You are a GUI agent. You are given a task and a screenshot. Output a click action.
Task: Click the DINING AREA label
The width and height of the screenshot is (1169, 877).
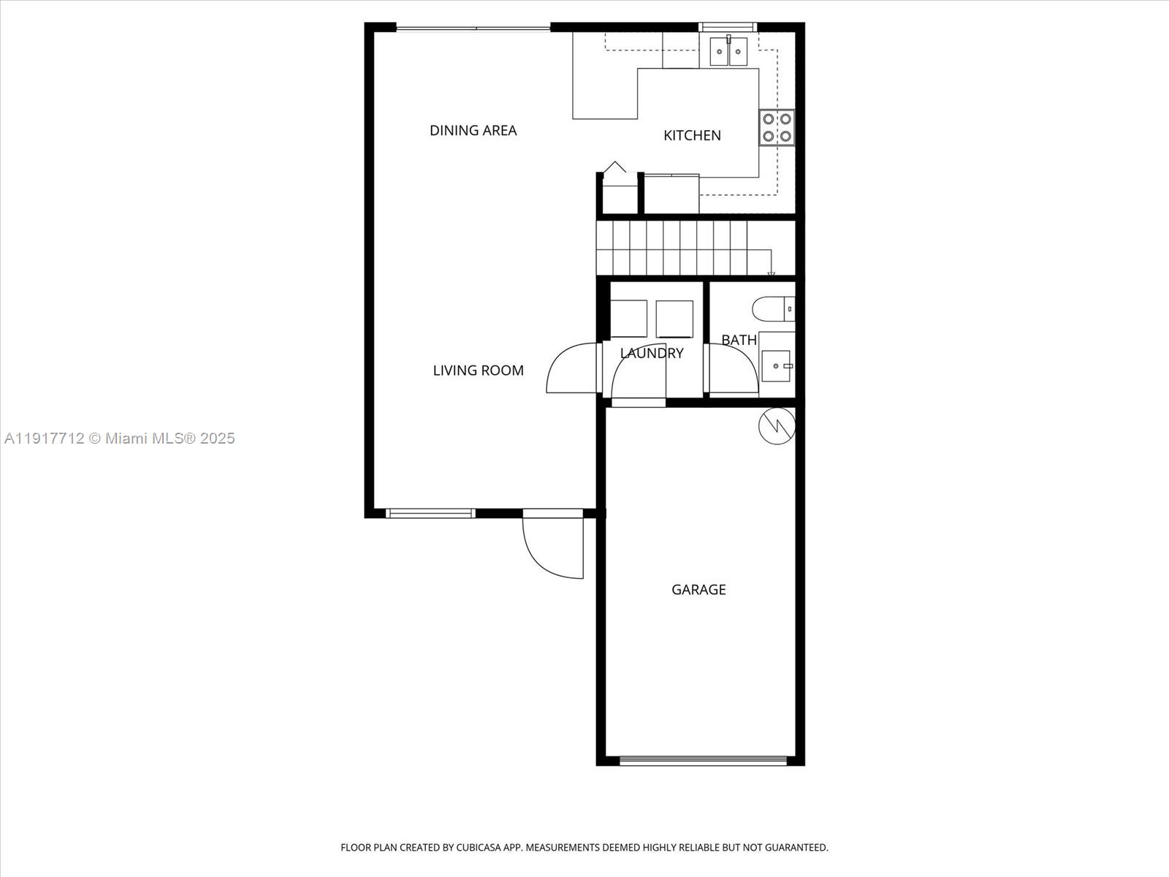[x=473, y=131]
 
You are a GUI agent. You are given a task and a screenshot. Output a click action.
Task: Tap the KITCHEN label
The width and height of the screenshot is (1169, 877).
[x=692, y=135]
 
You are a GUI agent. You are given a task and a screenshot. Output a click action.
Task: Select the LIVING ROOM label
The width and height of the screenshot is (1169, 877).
[x=478, y=371]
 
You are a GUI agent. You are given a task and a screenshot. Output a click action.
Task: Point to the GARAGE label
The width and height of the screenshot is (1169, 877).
[x=698, y=590]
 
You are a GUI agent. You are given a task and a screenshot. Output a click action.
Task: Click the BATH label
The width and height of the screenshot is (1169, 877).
[x=739, y=340]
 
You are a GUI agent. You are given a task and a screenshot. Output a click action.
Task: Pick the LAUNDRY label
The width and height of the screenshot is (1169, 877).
[x=652, y=353]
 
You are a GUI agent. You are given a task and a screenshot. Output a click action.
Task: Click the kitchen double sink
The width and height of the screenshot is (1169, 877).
[x=729, y=51]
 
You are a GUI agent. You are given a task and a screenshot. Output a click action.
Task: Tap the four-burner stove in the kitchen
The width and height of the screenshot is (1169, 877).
[x=776, y=128]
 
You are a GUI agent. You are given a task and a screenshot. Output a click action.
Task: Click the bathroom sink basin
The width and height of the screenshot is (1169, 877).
[x=776, y=365]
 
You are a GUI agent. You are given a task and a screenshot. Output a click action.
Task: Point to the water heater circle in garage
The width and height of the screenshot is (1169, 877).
[x=777, y=426]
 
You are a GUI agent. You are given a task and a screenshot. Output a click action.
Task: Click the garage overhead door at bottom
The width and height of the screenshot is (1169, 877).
[x=703, y=761]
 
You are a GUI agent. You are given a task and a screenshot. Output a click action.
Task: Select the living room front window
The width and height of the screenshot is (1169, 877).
[x=430, y=513]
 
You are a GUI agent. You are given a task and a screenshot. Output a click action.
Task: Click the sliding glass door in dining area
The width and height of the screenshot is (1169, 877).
[x=473, y=29]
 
